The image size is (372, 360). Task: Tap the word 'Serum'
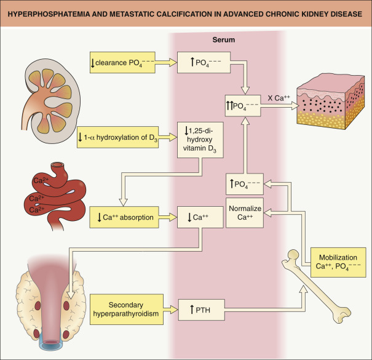pyautogui.click(x=225, y=39)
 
